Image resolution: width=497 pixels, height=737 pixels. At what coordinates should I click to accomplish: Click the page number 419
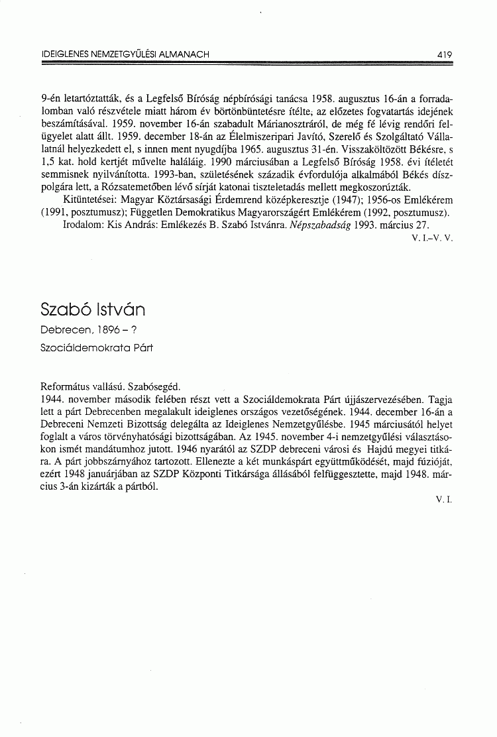click(x=444, y=55)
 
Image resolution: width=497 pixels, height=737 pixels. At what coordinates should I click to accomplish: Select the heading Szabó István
click(x=93, y=310)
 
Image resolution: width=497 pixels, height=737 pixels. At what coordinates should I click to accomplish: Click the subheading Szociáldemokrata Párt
click(x=92, y=346)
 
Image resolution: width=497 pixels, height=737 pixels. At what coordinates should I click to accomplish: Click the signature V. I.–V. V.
click(x=431, y=237)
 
